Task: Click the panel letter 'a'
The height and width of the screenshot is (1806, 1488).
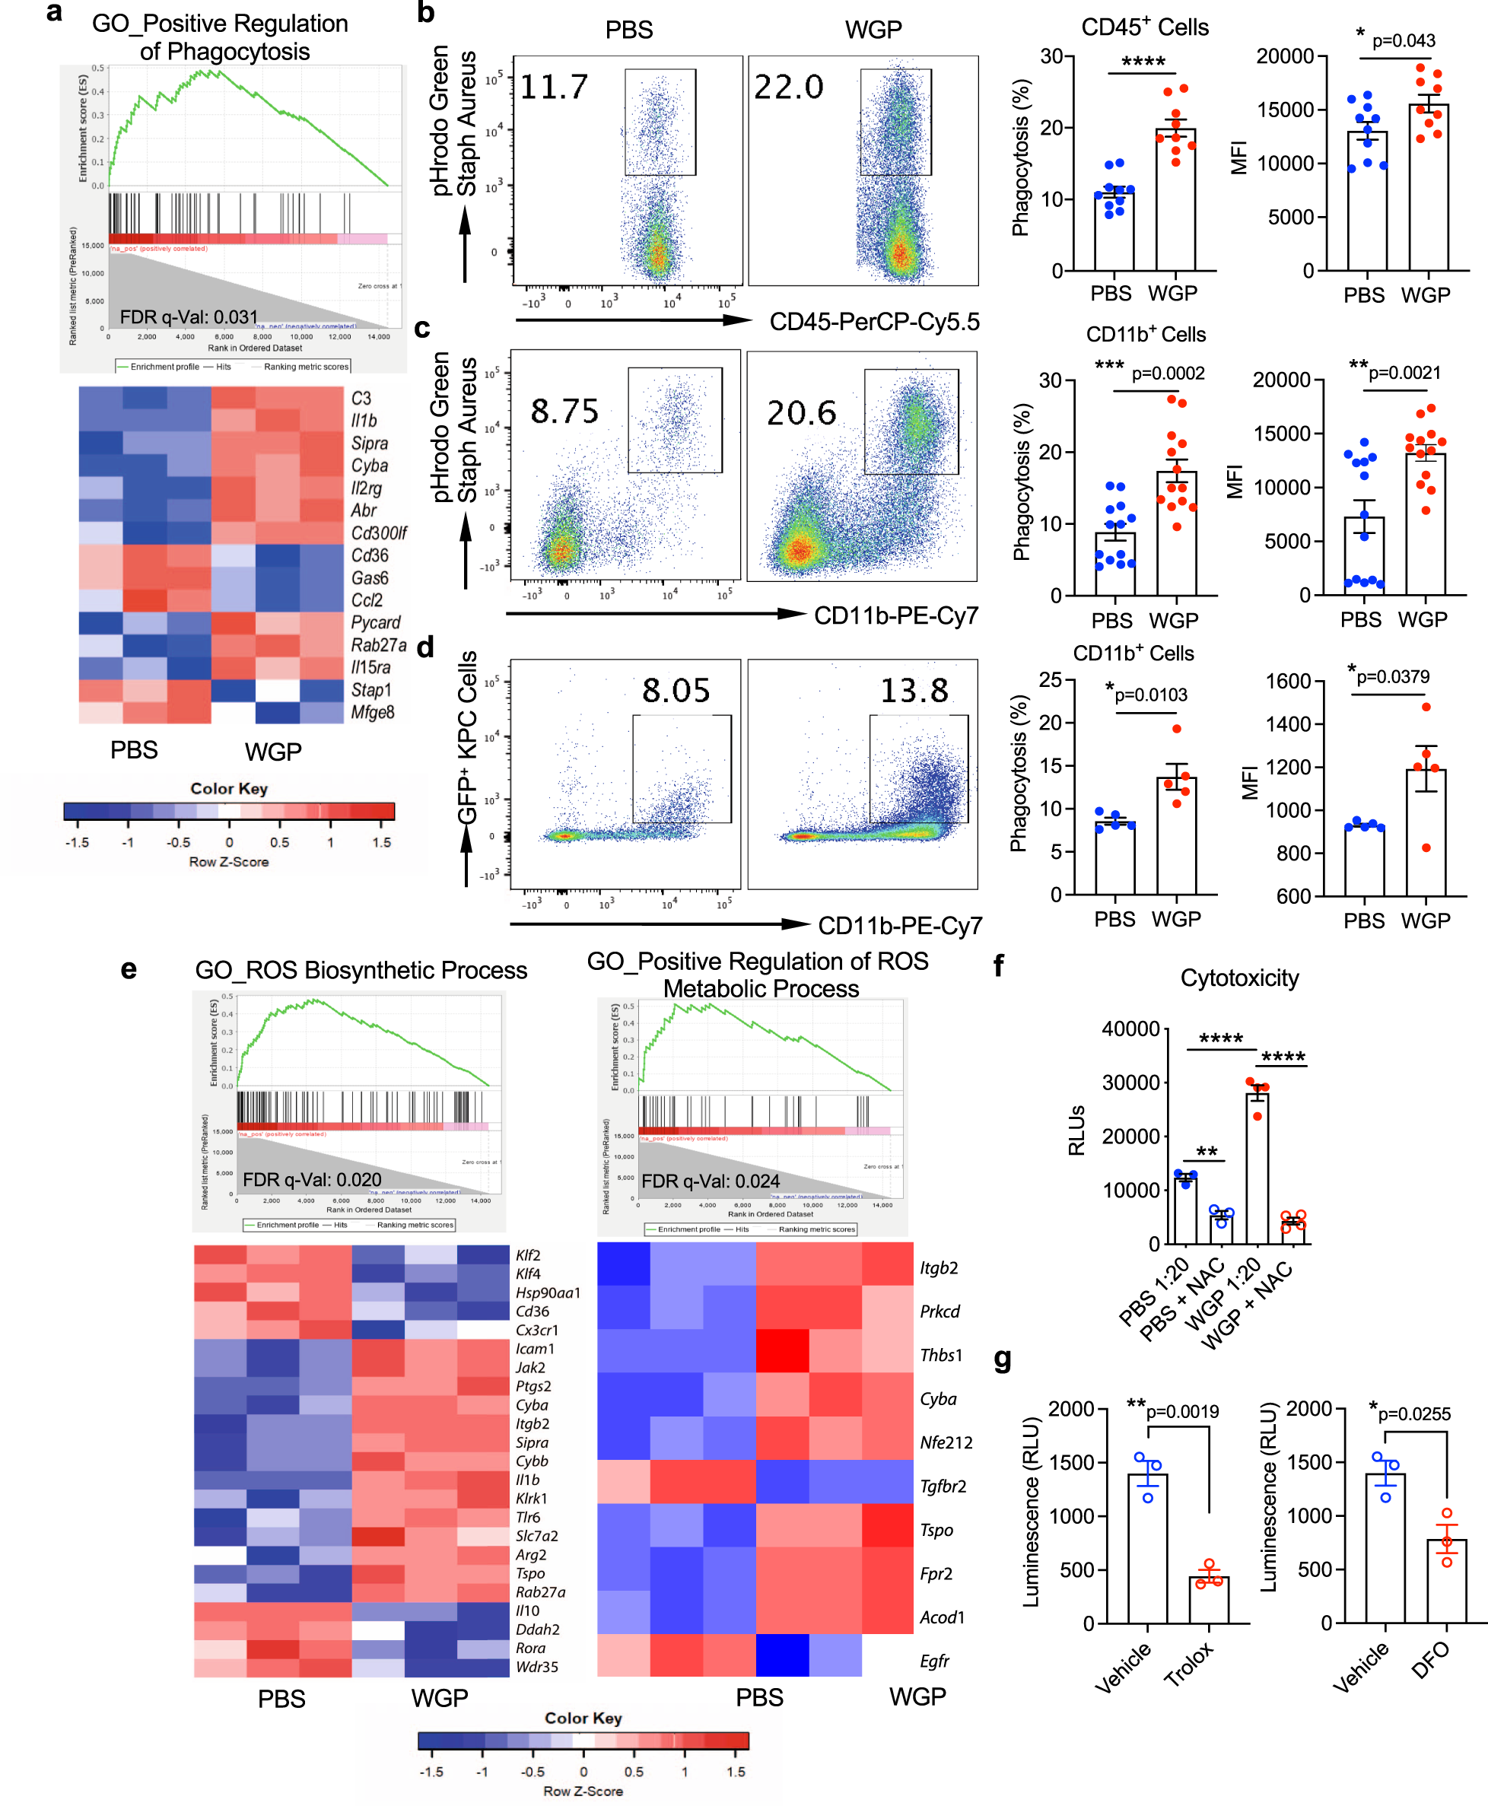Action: click(x=54, y=12)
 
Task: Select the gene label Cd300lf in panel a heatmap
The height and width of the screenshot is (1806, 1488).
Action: click(x=378, y=533)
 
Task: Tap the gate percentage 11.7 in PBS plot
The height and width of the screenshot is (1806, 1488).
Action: click(x=554, y=87)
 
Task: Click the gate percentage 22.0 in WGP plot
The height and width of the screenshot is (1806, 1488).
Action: click(x=787, y=87)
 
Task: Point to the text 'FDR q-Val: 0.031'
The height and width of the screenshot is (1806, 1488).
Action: click(x=189, y=317)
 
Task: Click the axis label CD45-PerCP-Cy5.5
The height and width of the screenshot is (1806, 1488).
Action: click(x=873, y=322)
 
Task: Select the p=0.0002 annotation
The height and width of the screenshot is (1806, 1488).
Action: click(x=1168, y=374)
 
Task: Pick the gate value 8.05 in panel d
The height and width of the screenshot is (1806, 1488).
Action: click(x=676, y=690)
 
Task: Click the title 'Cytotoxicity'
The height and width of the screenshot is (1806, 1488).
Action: click(x=1238, y=978)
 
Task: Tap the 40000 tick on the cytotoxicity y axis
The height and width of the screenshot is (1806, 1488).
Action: click(x=1130, y=1029)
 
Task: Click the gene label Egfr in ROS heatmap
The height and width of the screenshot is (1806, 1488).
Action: click(x=933, y=1661)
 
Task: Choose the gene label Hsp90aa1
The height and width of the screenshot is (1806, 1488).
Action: click(x=548, y=1292)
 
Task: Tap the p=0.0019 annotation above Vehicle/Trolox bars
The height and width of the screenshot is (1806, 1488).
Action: click(x=1182, y=1412)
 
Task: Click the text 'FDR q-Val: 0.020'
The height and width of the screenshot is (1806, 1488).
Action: click(x=312, y=1179)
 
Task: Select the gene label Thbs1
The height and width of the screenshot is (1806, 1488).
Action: click(x=940, y=1355)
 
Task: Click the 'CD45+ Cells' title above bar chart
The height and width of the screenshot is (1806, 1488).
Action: click(x=1144, y=27)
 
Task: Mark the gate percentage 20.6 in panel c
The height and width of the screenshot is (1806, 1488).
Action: click(x=800, y=413)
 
